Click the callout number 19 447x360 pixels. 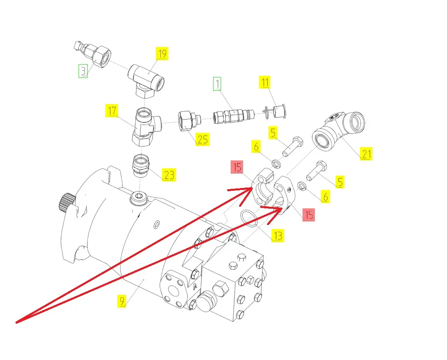(x=162, y=53)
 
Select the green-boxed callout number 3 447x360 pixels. (x=83, y=71)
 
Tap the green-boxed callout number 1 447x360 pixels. (x=217, y=83)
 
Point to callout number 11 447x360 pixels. (x=265, y=82)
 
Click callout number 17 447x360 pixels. (x=112, y=111)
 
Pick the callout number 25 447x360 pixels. (x=202, y=139)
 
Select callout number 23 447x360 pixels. (x=169, y=175)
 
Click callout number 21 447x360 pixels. (x=366, y=154)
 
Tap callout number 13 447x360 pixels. (x=277, y=236)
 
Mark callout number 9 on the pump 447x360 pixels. (x=122, y=301)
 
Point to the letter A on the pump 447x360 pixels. (x=196, y=286)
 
